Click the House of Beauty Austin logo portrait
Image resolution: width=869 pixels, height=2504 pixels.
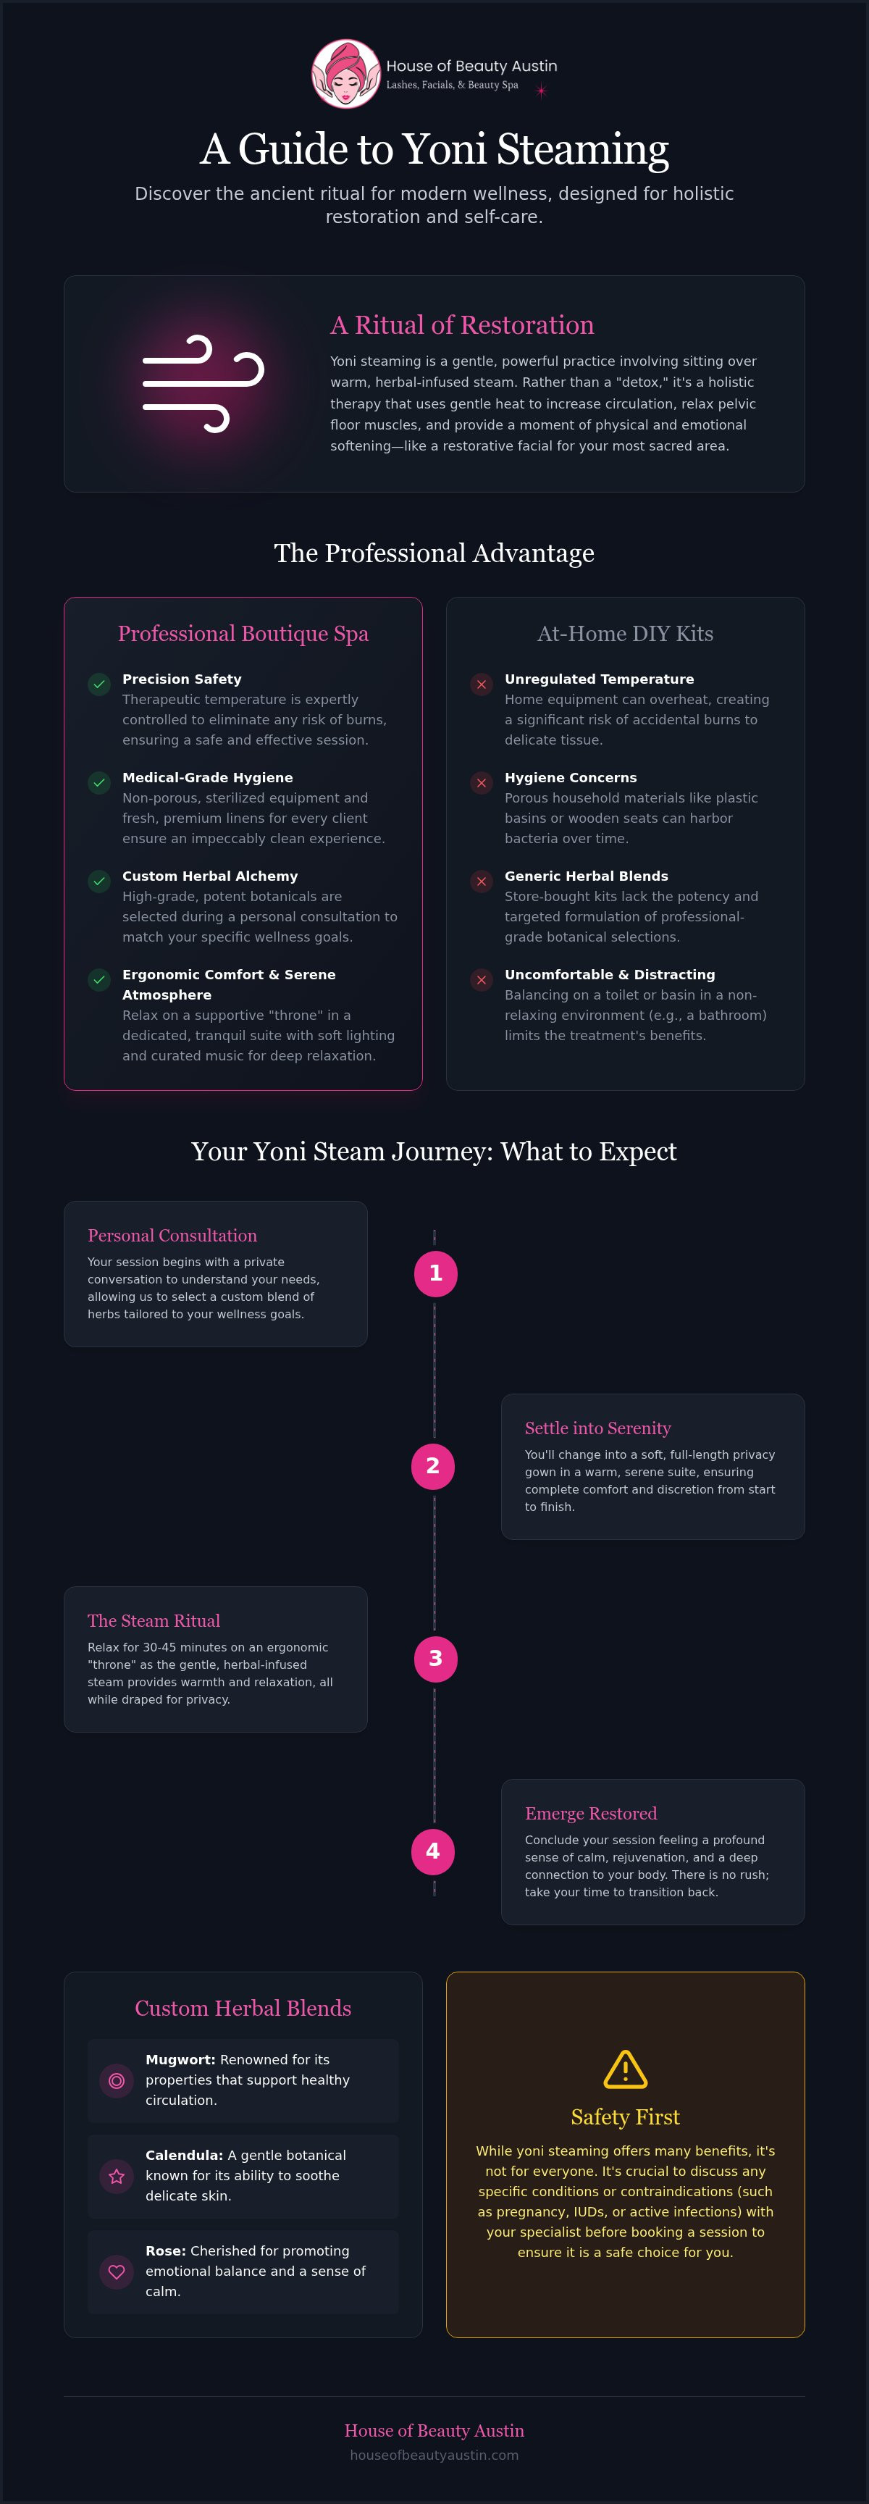pyautogui.click(x=345, y=74)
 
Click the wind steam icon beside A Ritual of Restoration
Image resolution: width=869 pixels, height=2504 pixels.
pyautogui.click(x=203, y=384)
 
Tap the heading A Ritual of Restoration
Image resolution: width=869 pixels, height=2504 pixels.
pyautogui.click(x=462, y=324)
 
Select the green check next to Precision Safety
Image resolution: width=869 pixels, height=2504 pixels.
pyautogui.click(x=99, y=684)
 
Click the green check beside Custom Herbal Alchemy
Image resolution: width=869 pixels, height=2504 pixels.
pyautogui.click(x=99, y=882)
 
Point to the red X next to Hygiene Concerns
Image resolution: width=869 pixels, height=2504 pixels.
pyautogui.click(x=481, y=784)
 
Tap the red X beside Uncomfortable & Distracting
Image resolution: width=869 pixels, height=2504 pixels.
pyautogui.click(x=481, y=980)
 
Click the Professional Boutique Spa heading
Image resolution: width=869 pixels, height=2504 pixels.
pyautogui.click(x=243, y=634)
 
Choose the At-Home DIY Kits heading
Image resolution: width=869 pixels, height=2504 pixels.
pyautogui.click(x=625, y=634)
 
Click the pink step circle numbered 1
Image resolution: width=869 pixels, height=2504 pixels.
pyautogui.click(x=435, y=1273)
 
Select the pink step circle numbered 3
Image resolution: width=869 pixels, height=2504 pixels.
pyautogui.click(x=435, y=1658)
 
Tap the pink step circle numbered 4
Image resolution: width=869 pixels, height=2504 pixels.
pyautogui.click(x=432, y=1851)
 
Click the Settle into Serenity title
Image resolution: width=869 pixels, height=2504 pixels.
pyautogui.click(x=598, y=1428)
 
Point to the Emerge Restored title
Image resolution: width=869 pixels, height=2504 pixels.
pyautogui.click(x=591, y=1813)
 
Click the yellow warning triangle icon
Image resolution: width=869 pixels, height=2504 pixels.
pyautogui.click(x=625, y=2069)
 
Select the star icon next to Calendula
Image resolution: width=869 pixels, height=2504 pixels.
pyautogui.click(x=117, y=2177)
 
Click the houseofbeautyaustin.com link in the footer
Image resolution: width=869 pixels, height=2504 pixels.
pyautogui.click(x=434, y=2455)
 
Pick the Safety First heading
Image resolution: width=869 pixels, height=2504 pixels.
pyautogui.click(x=625, y=2117)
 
